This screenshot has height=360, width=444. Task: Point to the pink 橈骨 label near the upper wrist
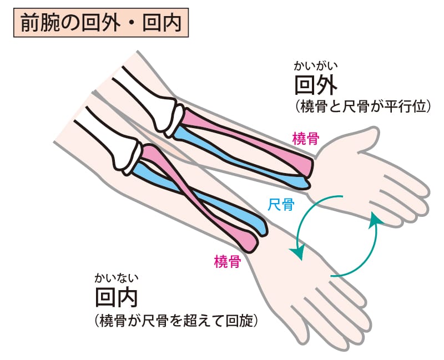click(305, 139)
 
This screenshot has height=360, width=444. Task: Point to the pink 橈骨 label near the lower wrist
click(227, 261)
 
